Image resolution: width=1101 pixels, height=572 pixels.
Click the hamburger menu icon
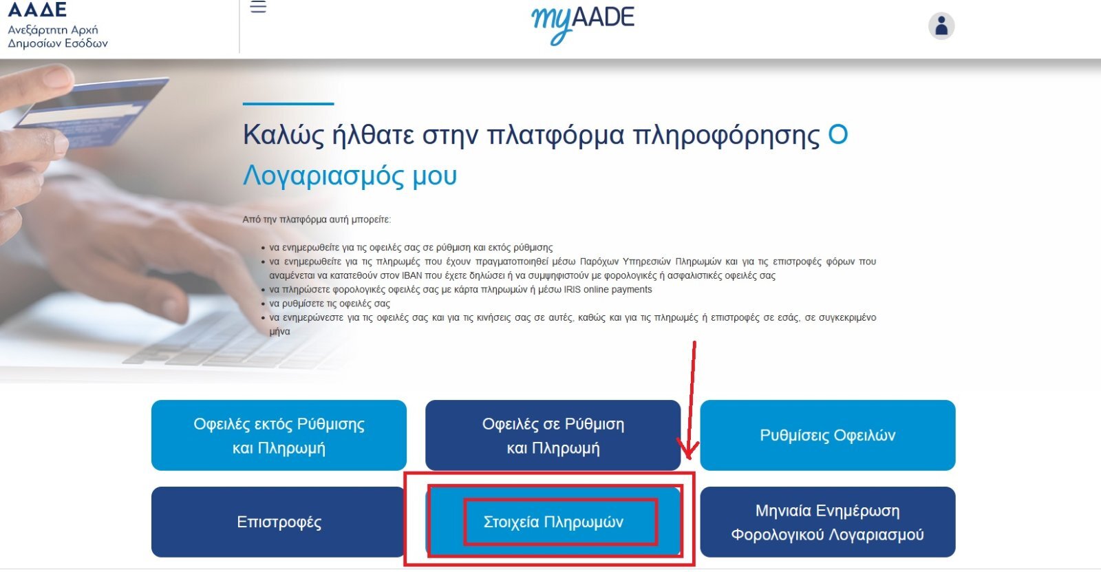(258, 6)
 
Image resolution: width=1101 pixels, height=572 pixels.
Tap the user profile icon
(941, 25)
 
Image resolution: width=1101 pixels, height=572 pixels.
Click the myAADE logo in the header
(583, 23)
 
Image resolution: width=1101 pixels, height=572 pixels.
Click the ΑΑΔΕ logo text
(37, 10)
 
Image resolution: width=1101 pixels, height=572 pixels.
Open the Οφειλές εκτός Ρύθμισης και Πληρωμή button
(279, 435)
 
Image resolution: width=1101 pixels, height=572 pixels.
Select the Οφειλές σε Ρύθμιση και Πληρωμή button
(553, 435)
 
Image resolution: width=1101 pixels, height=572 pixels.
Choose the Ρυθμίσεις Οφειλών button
(828, 435)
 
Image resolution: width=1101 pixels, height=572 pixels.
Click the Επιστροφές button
(279, 522)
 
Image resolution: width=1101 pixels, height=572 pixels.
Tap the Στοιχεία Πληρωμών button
(553, 522)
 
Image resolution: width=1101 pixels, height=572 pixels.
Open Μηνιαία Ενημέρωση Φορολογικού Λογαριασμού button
(828, 522)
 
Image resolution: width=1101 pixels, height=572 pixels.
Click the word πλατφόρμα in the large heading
(555, 135)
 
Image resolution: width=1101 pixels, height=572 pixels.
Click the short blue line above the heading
(288, 104)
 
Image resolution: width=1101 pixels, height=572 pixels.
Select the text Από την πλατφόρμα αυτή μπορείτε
(317, 220)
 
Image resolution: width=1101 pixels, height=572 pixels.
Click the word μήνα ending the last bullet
(279, 332)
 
